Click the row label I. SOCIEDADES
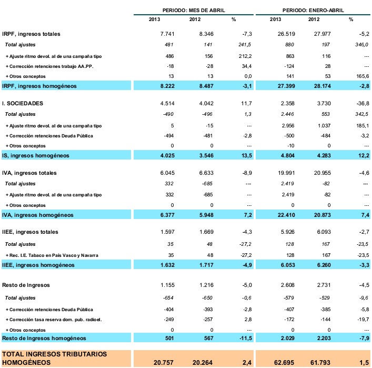click(x=23, y=103)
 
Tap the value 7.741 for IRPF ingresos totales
click(x=166, y=34)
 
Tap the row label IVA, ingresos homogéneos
click(x=37, y=215)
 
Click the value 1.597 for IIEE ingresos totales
click(x=166, y=232)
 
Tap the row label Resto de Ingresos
click(x=26, y=285)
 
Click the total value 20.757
click(x=164, y=363)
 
